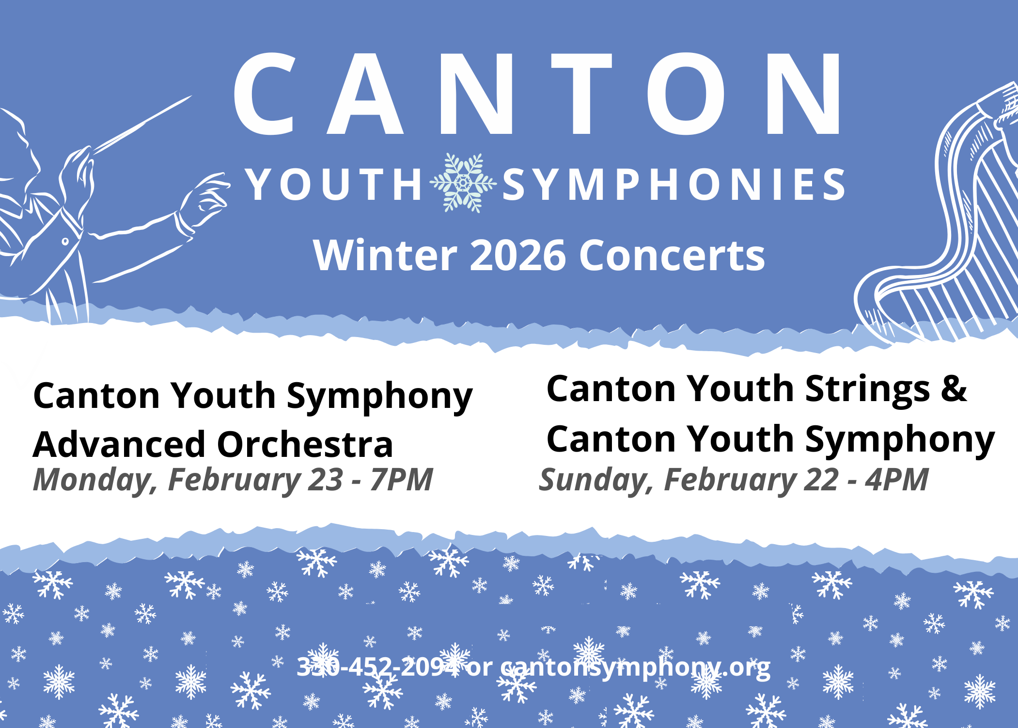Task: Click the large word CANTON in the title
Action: point(538,93)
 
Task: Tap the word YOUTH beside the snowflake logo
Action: point(334,184)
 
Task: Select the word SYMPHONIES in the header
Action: point(674,184)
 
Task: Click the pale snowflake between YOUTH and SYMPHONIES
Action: point(463,183)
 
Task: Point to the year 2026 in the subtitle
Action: point(517,256)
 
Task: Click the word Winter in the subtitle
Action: point(385,255)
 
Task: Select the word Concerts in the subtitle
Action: point(672,256)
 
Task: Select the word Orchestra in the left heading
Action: point(305,444)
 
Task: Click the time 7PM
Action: point(401,480)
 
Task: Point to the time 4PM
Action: point(897,480)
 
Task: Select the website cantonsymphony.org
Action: point(635,668)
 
